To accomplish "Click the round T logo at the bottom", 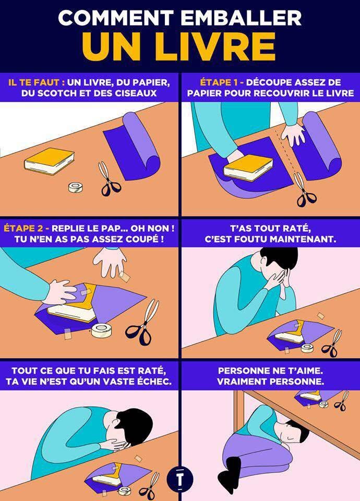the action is coord(180,480).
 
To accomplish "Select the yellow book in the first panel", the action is coord(50,161).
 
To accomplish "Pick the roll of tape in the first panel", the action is coord(75,187).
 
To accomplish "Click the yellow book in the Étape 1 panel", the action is coord(248,168).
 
